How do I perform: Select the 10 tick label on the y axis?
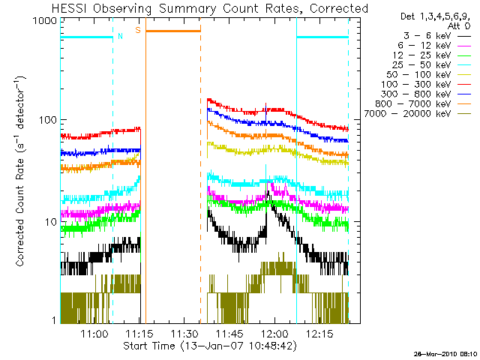pos(49,221)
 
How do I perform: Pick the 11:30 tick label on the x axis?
pos(184,333)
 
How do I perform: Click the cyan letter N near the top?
pos(120,35)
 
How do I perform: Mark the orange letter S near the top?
pos(138,31)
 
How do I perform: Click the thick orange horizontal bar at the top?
pos(173,31)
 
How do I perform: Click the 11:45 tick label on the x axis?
pos(229,333)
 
